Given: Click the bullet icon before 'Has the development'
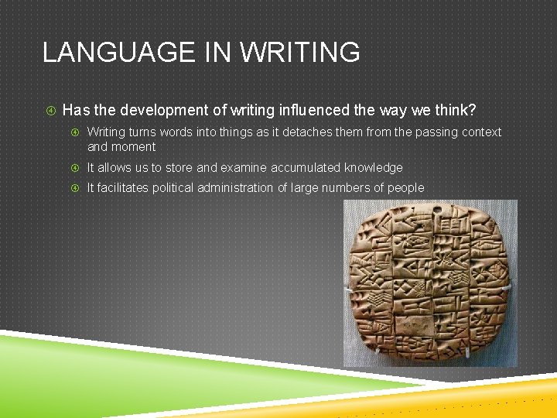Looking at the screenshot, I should tap(49, 110).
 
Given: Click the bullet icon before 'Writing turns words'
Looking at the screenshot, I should tap(75, 132).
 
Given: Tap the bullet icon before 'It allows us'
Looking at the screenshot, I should tap(75, 167).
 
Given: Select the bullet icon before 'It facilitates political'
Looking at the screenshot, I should tap(75, 187).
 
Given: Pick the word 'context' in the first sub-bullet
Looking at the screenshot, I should tap(479, 132).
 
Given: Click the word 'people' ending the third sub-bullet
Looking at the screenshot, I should tap(405, 187).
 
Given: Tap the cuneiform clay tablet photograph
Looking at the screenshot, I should tap(430, 283).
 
